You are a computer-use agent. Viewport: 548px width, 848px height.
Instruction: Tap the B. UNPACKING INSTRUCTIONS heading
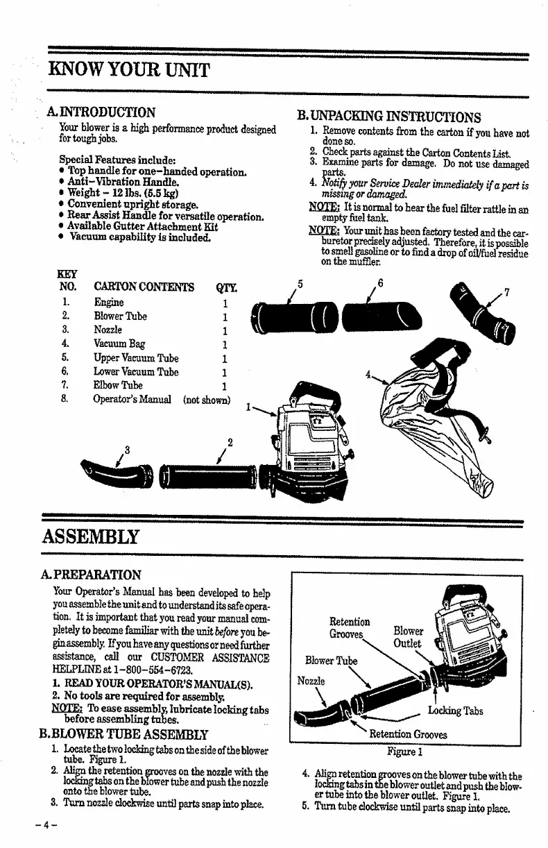click(389, 117)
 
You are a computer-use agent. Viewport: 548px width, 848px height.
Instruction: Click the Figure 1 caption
click(406, 750)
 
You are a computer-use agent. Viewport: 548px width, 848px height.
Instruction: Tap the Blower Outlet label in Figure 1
click(408, 637)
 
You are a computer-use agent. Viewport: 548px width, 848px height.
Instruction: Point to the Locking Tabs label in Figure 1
click(455, 711)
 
